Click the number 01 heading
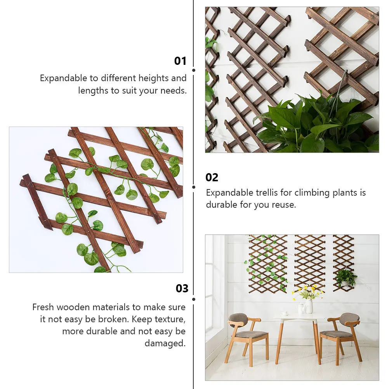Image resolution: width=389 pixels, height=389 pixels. pyautogui.click(x=180, y=61)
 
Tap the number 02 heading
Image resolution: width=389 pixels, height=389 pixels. pyautogui.click(x=212, y=177)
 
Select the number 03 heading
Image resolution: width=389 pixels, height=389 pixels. pyautogui.click(x=182, y=288)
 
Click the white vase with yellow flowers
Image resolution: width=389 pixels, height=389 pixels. pyautogui.click(x=309, y=306)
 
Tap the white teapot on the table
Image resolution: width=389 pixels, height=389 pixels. pyautogui.click(x=300, y=308)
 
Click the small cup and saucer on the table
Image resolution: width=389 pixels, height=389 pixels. pyautogui.click(x=285, y=313)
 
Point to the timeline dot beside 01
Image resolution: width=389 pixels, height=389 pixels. pyautogui.click(x=194, y=70)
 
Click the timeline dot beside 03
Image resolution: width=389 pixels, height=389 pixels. pyautogui.click(x=194, y=299)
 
